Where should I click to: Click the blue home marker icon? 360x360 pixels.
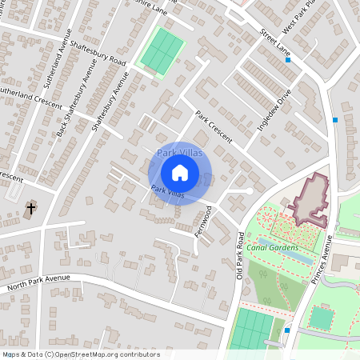[x=180, y=172]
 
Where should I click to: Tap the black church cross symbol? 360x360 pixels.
[x=31, y=209]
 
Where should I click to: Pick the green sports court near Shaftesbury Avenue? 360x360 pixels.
[x=161, y=50]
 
